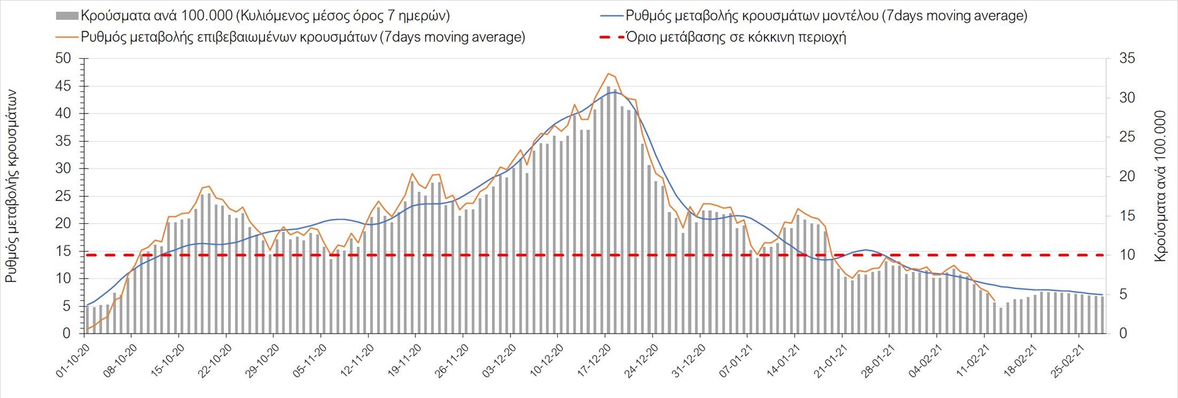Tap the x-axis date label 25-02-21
pyautogui.click(x=1068, y=360)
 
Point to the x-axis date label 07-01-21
pyautogui.click(x=736, y=360)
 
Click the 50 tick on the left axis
pyautogui.click(x=63, y=59)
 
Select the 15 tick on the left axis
pyautogui.click(x=63, y=251)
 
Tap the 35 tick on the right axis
pyautogui.click(x=1127, y=59)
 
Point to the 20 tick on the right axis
pyautogui.click(x=1127, y=177)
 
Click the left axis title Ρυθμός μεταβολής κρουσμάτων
pyautogui.click(x=11, y=186)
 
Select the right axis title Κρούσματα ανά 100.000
pyautogui.click(x=1160, y=186)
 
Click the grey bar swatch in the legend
pyautogui.click(x=67, y=16)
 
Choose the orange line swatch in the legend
pyautogui.click(x=67, y=37)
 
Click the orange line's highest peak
pyautogui.click(x=608, y=74)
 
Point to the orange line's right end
pyautogui.click(x=994, y=300)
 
